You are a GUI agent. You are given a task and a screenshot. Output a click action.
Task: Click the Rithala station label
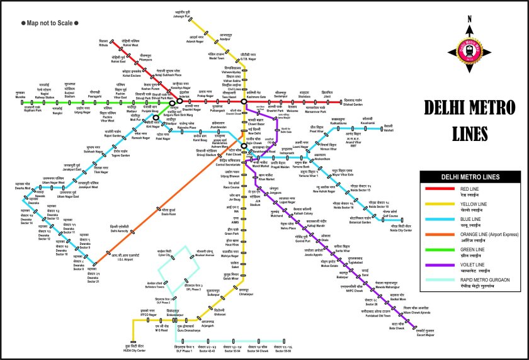coord(105,45)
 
